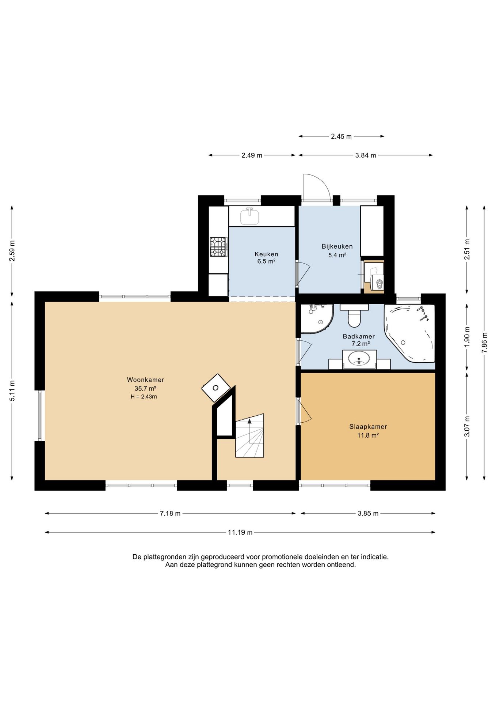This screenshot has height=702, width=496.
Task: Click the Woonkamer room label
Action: point(145,380)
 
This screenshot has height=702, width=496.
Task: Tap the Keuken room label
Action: point(266,254)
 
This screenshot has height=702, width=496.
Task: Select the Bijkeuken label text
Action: point(337,246)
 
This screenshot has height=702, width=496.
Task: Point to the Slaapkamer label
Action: point(368,427)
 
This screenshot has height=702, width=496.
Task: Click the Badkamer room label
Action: point(359,336)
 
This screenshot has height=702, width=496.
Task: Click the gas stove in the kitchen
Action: point(218,247)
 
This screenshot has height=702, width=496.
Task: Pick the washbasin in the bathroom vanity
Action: point(359,358)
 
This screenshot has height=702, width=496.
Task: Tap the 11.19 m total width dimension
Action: point(240,532)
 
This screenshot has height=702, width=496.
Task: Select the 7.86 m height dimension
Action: point(484,342)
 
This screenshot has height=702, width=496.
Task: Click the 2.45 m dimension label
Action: point(341,136)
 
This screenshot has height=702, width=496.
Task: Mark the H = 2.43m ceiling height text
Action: point(144,397)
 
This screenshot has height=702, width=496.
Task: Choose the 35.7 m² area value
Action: point(145,389)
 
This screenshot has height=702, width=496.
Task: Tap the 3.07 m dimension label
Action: point(467,426)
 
